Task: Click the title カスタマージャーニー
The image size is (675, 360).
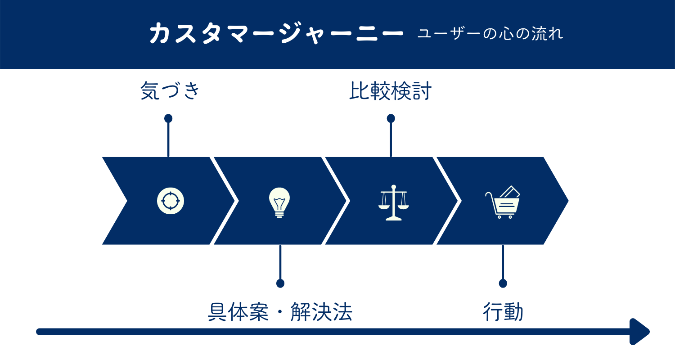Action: [276, 34]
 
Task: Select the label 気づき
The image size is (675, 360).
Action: [170, 91]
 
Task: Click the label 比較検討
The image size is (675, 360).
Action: [390, 91]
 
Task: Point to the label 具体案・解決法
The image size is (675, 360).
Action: [279, 312]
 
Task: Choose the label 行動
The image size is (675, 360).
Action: [503, 312]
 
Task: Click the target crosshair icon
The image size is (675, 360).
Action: [171, 200]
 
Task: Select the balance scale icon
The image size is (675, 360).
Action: [394, 202]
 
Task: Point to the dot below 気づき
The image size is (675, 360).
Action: [168, 118]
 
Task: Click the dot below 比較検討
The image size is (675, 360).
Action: [391, 118]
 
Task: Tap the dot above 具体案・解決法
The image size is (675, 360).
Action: [280, 283]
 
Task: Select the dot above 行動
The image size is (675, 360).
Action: [503, 283]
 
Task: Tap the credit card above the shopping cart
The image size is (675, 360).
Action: [510, 192]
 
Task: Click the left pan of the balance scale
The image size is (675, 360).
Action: [385, 207]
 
